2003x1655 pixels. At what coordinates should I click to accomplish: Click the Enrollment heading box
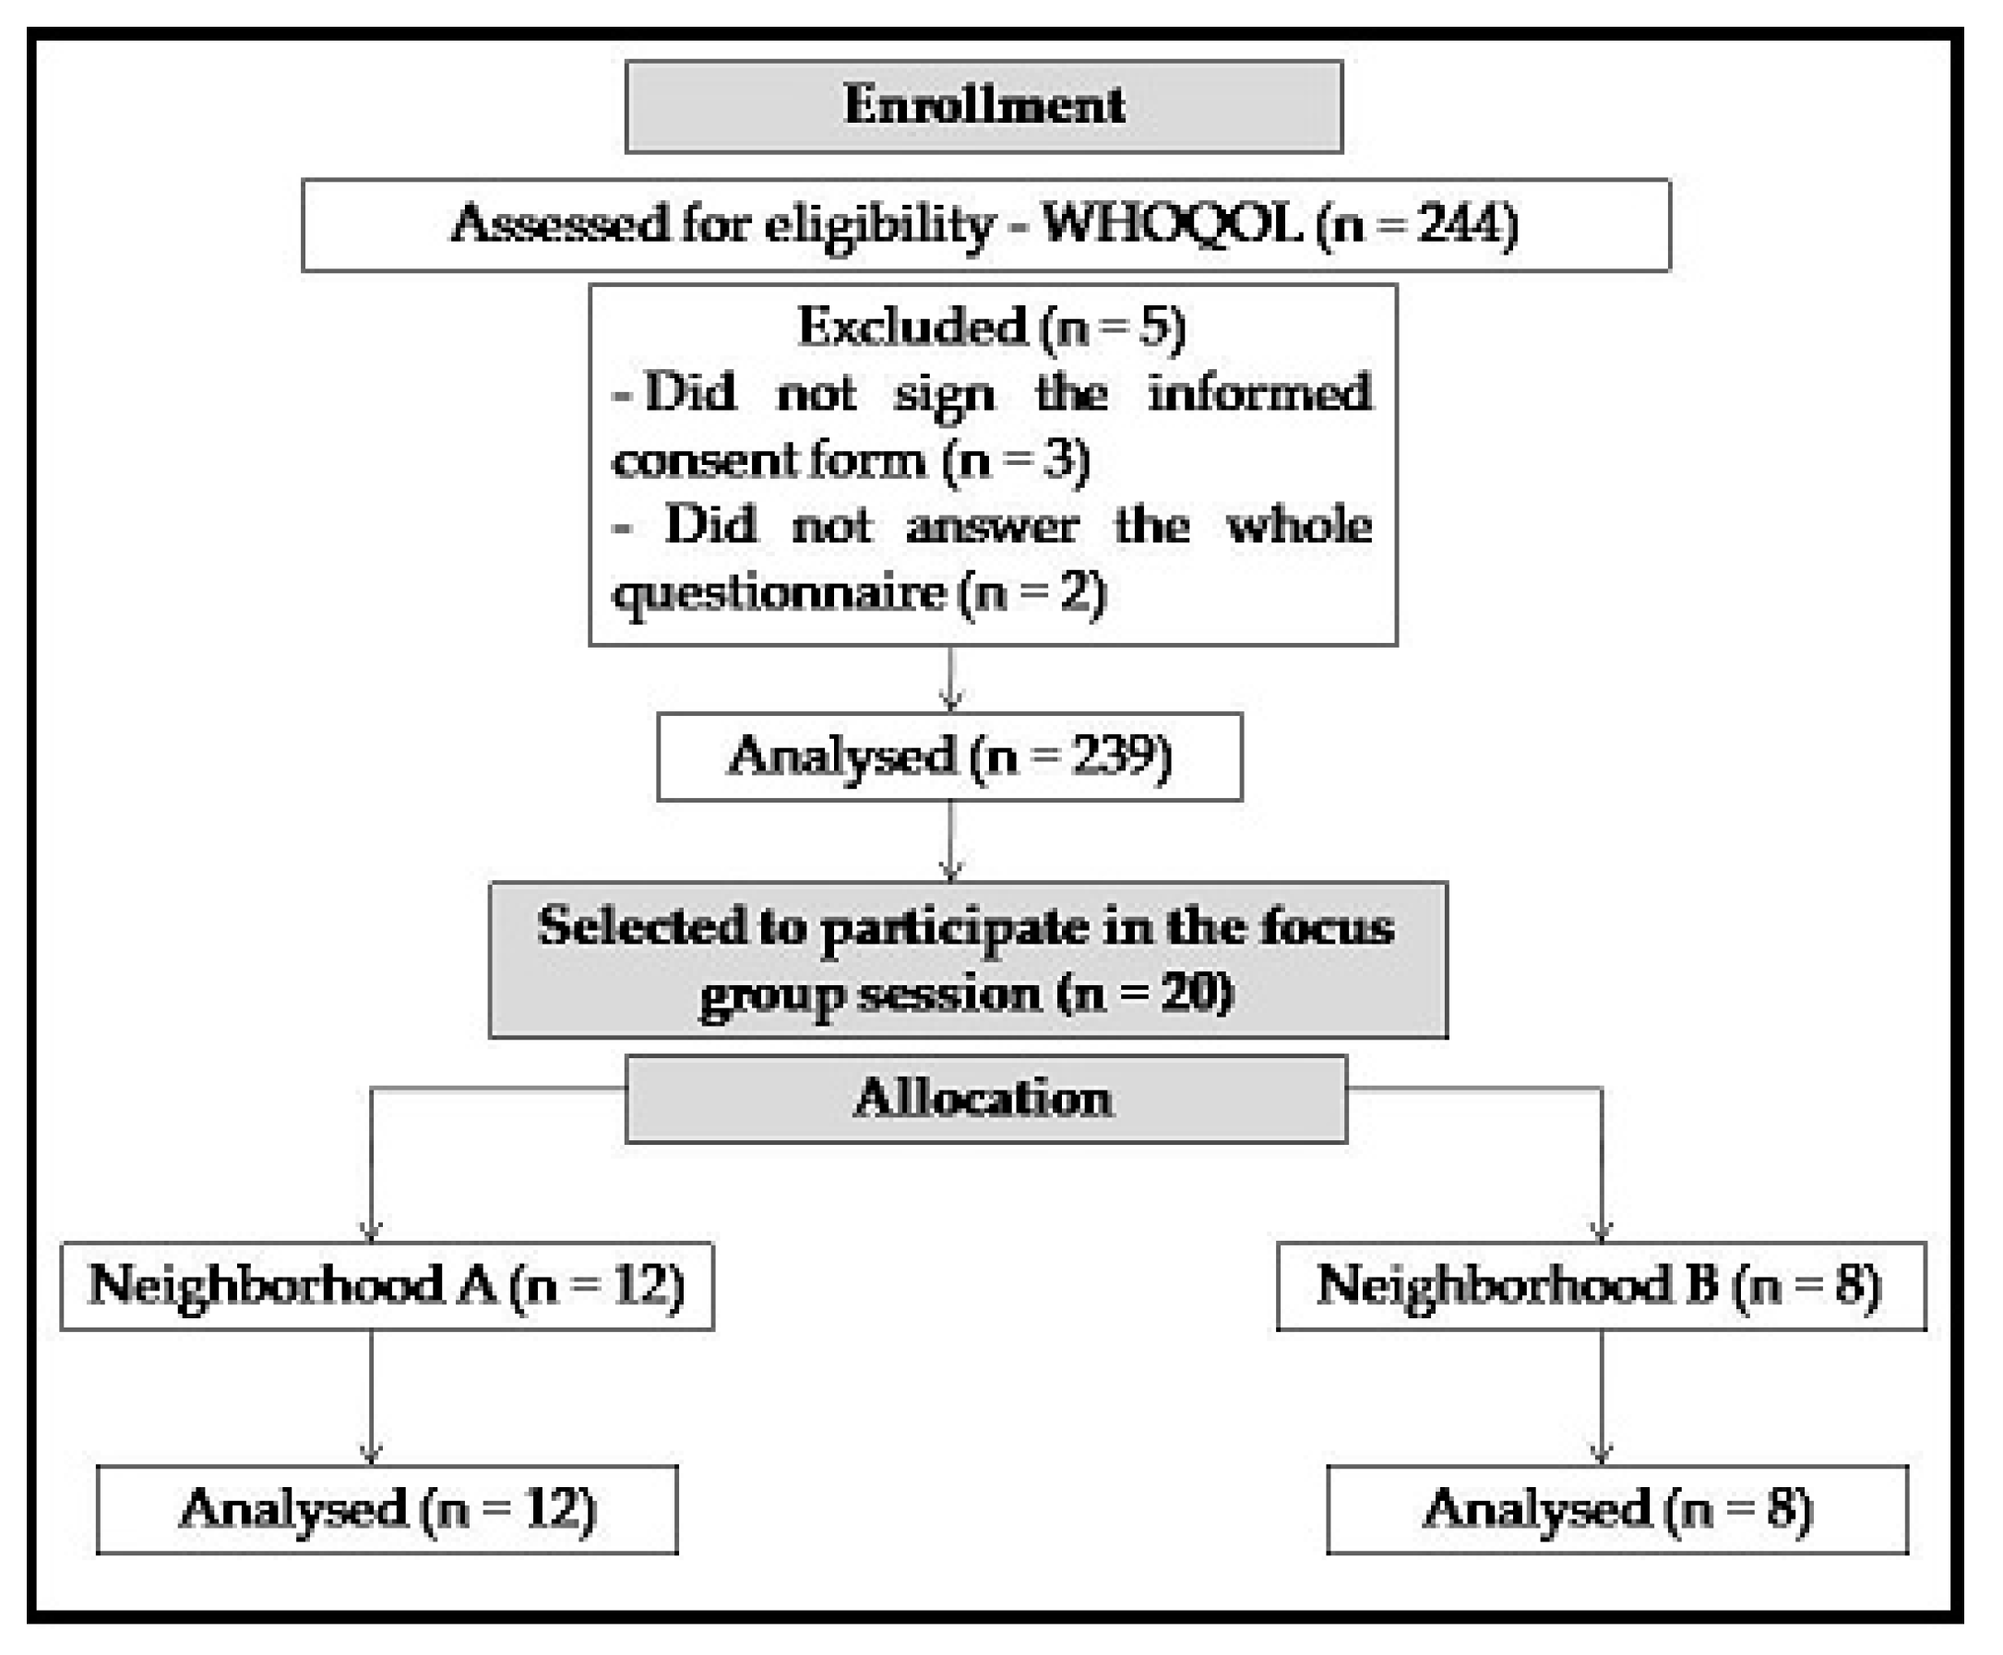pos(984,106)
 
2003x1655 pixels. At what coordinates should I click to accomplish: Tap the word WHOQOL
pos(1173,225)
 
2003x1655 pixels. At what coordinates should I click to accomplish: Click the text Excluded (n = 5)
pos(992,327)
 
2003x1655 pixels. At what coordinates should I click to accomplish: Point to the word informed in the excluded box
pos(1259,393)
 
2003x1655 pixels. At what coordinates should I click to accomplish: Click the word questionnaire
pos(778,593)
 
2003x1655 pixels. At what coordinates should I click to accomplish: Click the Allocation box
pos(984,1098)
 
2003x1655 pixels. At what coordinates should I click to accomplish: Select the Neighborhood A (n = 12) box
pos(386,1285)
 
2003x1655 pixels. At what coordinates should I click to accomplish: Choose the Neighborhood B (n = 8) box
pos(1600,1285)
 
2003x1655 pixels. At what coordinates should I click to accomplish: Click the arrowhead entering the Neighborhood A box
pos(371,1231)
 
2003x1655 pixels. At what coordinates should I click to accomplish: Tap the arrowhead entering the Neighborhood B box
pos(1601,1231)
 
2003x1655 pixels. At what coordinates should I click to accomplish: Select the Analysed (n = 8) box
pos(1617,1509)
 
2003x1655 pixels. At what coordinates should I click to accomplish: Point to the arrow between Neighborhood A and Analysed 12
pos(371,1397)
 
